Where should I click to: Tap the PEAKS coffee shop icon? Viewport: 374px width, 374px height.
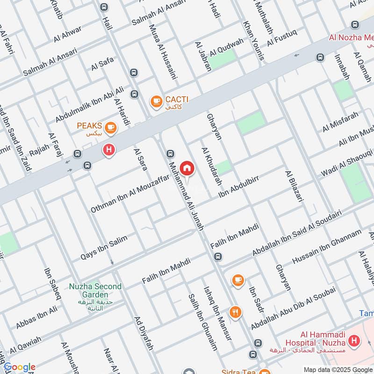(x=111, y=127)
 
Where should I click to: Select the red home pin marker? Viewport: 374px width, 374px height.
(x=187, y=168)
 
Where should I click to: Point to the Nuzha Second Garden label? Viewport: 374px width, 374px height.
(x=95, y=290)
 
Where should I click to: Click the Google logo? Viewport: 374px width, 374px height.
(x=19, y=367)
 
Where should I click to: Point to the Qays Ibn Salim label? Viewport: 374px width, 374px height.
(x=104, y=248)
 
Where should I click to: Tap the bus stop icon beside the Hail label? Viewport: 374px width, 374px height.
(x=103, y=7)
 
